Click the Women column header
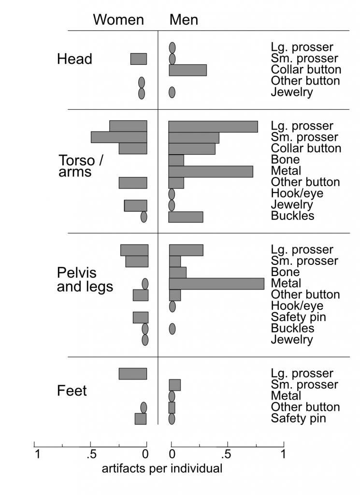118,19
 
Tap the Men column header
184,19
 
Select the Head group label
74,59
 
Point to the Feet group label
72,390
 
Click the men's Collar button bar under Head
187,70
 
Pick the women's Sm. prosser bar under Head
139,59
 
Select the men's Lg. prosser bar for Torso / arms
213,126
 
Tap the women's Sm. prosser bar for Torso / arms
119,137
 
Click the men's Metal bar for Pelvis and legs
216,283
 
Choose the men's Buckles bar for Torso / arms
186,217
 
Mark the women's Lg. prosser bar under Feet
133,374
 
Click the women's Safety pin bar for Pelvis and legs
141,317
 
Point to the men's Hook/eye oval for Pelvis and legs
173,306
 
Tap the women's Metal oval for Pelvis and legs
145,284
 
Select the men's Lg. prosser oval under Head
173,47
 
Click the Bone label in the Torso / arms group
286,160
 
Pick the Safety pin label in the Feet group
298,418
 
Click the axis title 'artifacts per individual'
162,468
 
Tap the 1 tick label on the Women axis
37,454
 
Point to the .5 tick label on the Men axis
225,454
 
